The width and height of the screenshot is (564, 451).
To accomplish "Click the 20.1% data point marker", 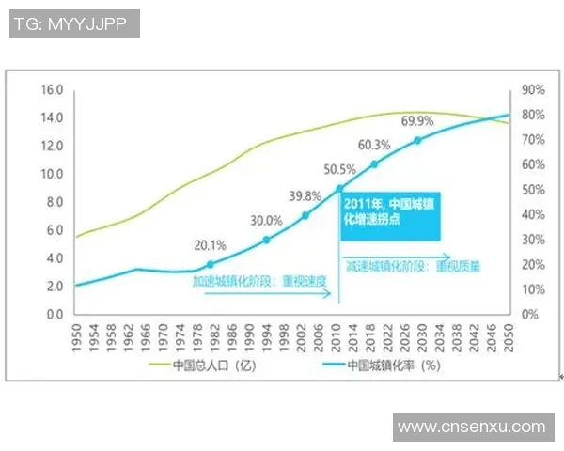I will click(210, 264).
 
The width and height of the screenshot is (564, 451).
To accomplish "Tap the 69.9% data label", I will click(417, 120).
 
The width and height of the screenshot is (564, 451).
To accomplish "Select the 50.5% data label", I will click(339, 170).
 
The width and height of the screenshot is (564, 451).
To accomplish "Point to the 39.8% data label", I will click(305, 195).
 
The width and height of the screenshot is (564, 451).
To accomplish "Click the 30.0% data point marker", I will click(266, 241).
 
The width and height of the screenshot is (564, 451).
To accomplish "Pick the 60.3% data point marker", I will click(374, 164).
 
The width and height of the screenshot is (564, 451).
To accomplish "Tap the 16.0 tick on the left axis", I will click(50, 90).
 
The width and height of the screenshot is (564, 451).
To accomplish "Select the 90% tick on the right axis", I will click(532, 90).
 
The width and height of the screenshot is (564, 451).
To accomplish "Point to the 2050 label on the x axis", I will click(509, 336).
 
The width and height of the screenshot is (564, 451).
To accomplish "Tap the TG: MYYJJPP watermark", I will click(73, 23).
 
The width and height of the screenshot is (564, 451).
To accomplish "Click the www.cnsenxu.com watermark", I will click(471, 427).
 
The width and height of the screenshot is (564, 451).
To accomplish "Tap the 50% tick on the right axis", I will click(532, 190).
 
